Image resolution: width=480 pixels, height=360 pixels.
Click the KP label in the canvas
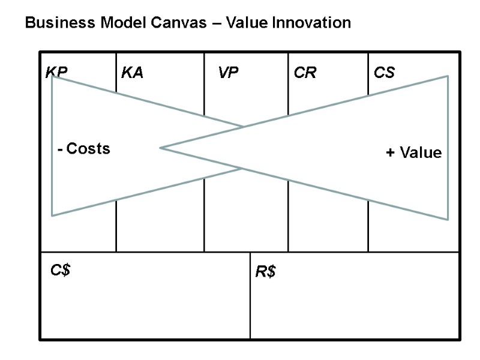56,73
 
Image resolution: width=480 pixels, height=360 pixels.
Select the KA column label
132,73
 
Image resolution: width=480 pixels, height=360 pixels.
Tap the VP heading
228,73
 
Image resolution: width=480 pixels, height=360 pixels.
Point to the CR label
305,73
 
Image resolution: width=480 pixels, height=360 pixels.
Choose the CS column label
384,73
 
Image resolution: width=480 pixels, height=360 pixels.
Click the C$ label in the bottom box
61,270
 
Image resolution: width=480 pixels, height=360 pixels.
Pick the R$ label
265,272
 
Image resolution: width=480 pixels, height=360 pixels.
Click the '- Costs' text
84,149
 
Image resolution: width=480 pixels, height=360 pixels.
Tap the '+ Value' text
413,153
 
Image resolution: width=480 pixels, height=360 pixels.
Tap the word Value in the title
250,23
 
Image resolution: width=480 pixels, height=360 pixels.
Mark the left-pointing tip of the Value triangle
160,148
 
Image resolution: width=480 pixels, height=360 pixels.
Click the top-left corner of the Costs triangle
52,76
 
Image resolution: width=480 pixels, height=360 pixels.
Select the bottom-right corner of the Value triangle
448,220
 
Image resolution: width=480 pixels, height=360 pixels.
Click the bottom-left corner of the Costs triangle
52,215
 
